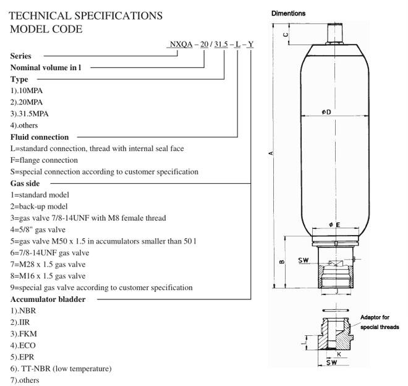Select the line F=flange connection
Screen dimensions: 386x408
53,160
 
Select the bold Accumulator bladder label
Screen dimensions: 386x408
47,299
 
